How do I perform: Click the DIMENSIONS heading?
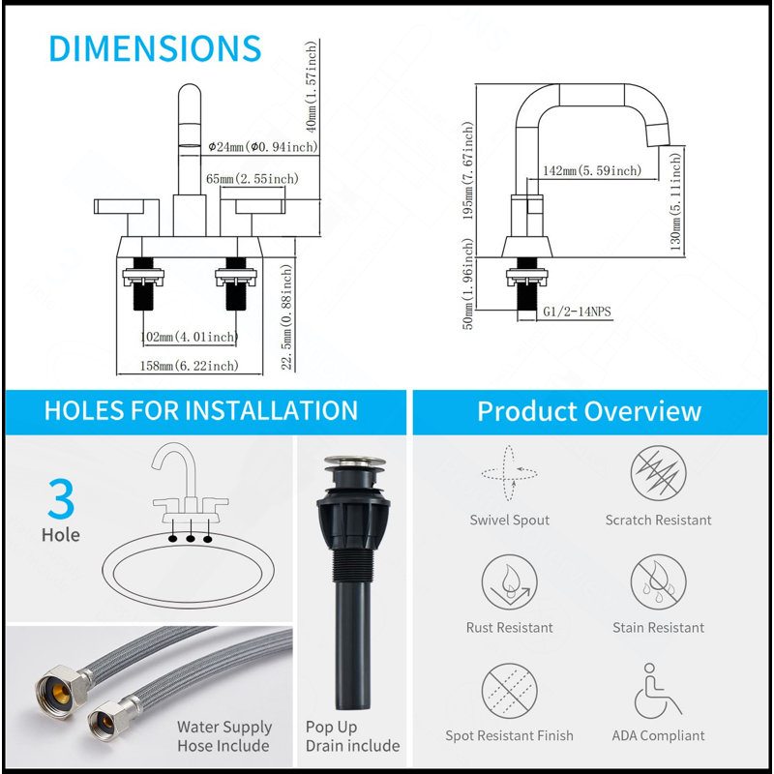click(x=155, y=48)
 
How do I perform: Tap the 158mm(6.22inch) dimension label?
click(x=189, y=366)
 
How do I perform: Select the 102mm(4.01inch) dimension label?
click(x=189, y=337)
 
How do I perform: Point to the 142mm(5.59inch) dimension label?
click(x=592, y=170)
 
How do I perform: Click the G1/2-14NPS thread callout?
click(x=577, y=312)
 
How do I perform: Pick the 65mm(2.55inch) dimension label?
click(x=253, y=178)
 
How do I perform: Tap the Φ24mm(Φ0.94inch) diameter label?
click(x=262, y=147)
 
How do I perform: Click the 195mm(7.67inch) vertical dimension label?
click(x=467, y=170)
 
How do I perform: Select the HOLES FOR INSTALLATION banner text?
click(x=201, y=410)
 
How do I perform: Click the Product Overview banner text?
click(x=589, y=411)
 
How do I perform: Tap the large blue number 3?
click(x=61, y=498)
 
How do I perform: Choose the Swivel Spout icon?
click(x=510, y=473)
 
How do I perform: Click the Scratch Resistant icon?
click(x=659, y=473)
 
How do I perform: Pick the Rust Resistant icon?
click(x=510, y=582)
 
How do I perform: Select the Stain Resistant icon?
click(x=659, y=582)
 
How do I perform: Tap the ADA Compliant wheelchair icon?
click(x=657, y=691)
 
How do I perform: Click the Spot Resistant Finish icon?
click(x=510, y=691)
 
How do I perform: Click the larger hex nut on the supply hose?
click(x=61, y=691)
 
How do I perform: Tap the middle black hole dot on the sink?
click(x=190, y=539)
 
